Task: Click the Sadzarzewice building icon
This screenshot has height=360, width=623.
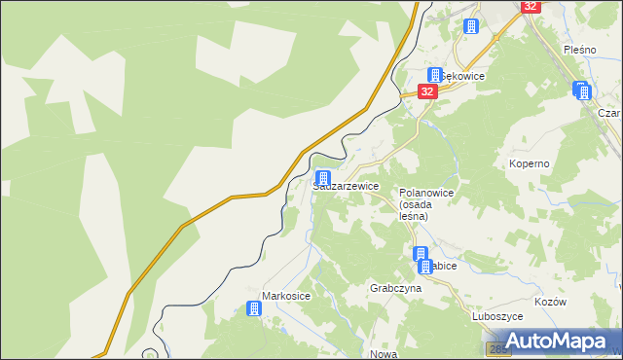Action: point(322,179)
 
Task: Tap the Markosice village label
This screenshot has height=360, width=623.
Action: point(285,295)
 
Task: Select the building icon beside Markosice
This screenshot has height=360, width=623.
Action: point(254,308)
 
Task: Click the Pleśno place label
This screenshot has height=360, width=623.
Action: point(578,49)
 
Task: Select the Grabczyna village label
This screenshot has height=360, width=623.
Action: point(395,289)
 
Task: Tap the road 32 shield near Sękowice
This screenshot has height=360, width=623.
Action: point(427,90)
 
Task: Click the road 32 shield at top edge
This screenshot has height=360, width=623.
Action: point(530,6)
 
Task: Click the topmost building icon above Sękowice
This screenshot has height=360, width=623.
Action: point(471,26)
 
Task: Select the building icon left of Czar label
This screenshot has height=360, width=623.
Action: point(582,91)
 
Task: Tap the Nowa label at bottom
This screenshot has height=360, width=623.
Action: point(384,354)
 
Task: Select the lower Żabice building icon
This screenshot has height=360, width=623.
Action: point(424,266)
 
